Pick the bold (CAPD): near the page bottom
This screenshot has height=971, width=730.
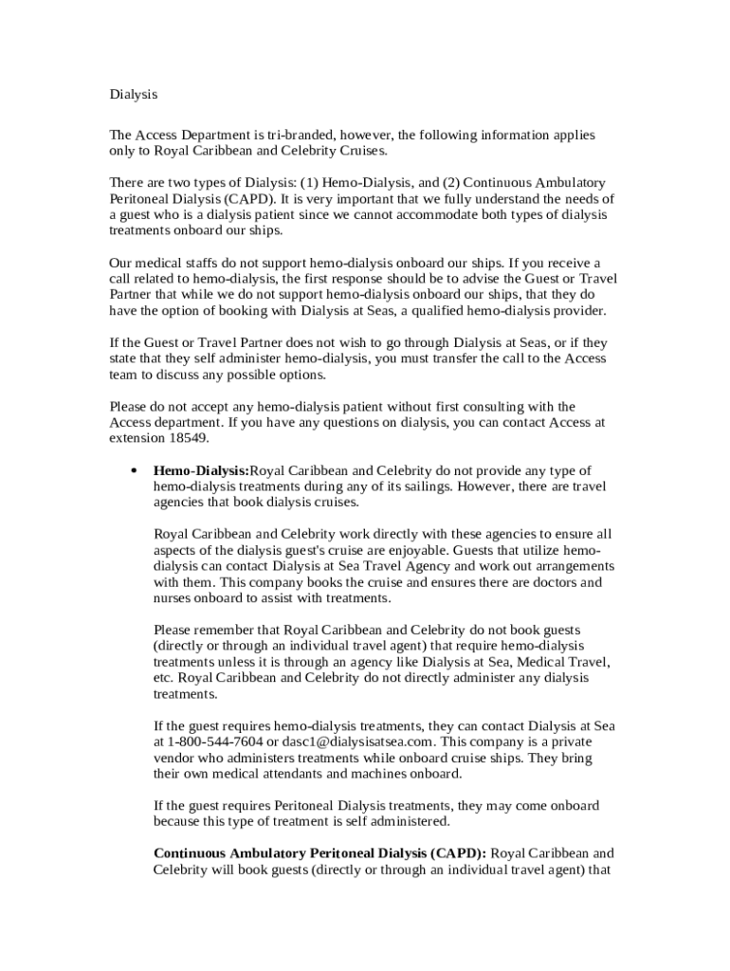pyautogui.click(x=458, y=852)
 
